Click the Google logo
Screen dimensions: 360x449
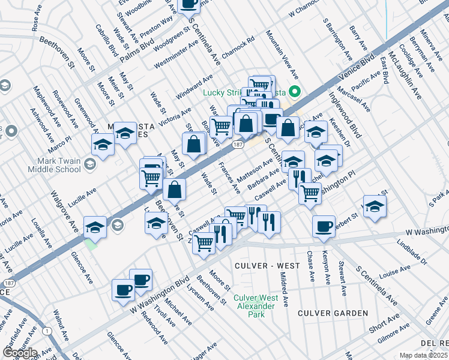coord(20,353)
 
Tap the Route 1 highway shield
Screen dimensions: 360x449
coord(46,331)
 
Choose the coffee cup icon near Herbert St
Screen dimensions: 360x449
coord(324,226)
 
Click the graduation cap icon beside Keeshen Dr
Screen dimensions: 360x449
coord(316,132)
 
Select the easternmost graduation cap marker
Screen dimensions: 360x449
coord(375,206)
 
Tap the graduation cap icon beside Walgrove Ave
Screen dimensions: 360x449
coord(95,227)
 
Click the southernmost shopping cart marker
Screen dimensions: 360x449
coord(204,243)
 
